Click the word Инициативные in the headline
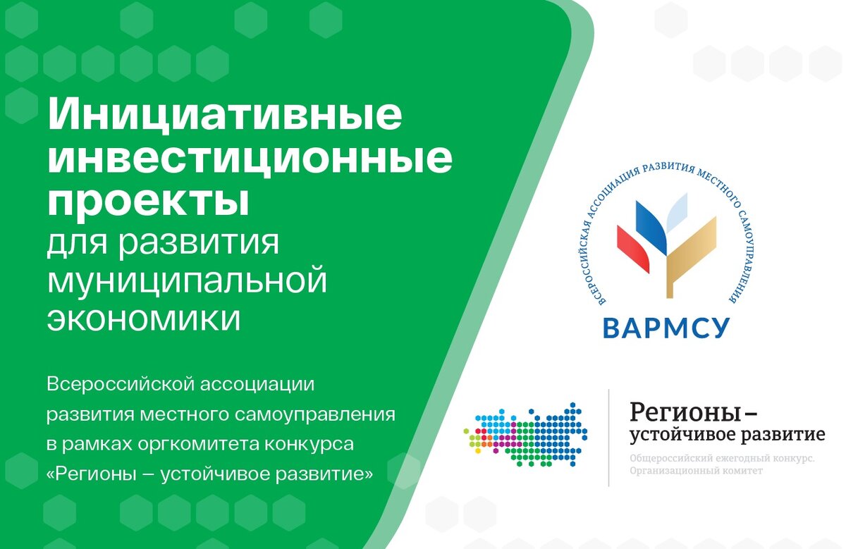coord(225,115)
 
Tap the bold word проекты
coord(148,202)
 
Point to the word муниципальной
coord(187,278)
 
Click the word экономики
coord(144,319)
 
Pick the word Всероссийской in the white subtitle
coord(121,385)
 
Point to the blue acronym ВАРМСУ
coord(667,328)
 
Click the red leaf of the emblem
coord(632,249)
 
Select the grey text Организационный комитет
coord(696,471)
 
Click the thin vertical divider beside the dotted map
coord(609,438)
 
